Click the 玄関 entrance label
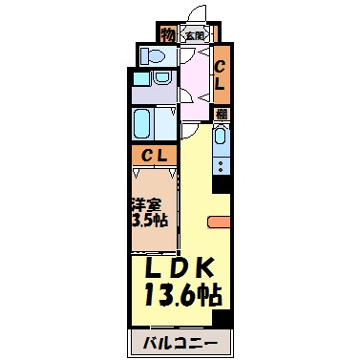click(x=194, y=36)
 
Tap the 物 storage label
click(x=168, y=35)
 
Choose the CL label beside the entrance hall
click(x=219, y=74)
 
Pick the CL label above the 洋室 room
click(x=153, y=155)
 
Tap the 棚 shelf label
click(x=220, y=113)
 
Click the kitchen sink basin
click(x=220, y=140)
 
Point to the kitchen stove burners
click(x=220, y=164)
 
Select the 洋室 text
click(x=144, y=203)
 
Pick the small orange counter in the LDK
click(x=217, y=223)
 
